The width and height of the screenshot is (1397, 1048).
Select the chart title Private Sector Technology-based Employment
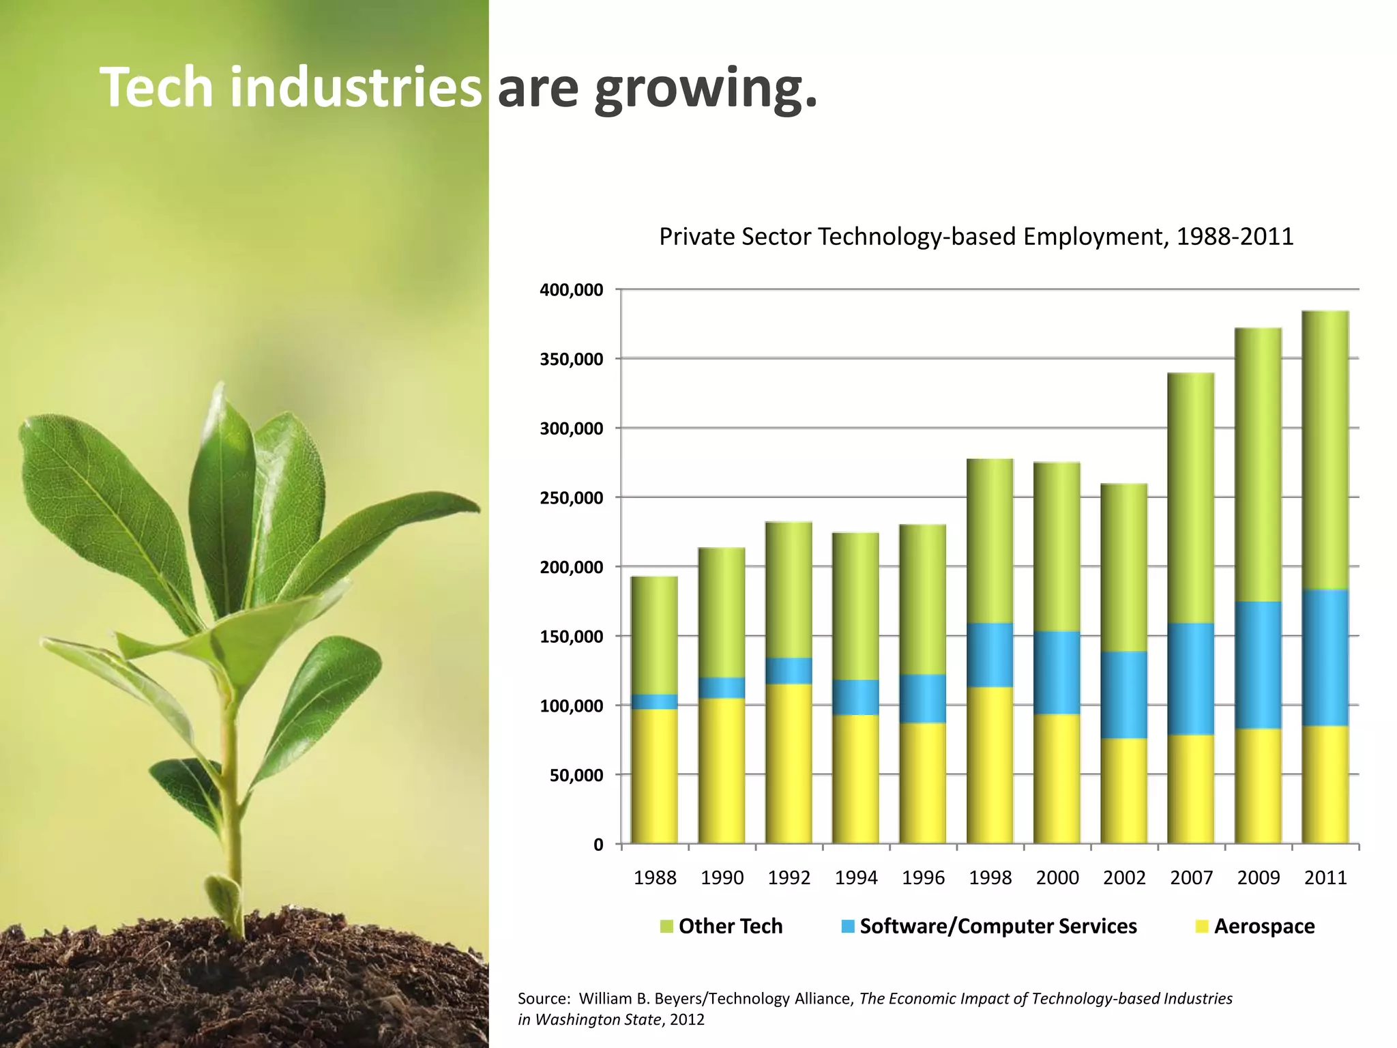975,237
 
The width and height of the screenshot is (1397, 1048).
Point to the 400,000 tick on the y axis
571,290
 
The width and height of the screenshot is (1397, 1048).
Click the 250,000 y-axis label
571,498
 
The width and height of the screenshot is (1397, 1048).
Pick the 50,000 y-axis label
576,775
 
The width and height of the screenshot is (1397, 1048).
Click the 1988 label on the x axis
655,877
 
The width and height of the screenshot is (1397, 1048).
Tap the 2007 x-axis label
1191,877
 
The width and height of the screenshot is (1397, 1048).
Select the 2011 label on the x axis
1325,877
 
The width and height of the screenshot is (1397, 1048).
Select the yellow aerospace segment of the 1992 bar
789,764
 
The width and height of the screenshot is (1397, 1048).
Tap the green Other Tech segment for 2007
1191,498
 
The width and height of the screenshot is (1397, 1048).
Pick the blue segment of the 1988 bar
654,702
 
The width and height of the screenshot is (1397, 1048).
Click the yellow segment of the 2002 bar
1124,791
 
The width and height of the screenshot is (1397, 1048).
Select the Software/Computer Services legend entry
989,926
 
